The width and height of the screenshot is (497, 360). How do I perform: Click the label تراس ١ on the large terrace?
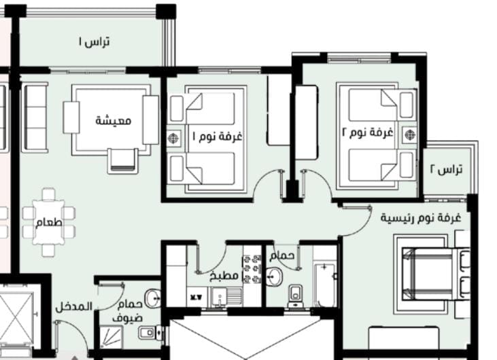tap(94, 41)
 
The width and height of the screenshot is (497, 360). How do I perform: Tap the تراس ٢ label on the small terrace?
tap(446, 169)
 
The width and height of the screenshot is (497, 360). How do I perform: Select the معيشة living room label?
tap(113, 121)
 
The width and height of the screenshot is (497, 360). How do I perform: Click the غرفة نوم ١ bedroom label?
tap(217, 136)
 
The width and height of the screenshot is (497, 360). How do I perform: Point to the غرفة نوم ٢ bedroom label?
tap(368, 132)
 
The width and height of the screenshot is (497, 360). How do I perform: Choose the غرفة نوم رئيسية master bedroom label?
tap(421, 218)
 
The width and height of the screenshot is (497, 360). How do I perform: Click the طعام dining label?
tap(49, 223)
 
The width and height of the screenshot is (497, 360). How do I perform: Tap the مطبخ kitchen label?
tap(224, 276)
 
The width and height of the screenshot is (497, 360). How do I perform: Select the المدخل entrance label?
tap(74, 306)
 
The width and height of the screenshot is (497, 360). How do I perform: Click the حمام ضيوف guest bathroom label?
tap(128, 311)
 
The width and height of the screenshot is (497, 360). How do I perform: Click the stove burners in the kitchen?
tap(252, 268)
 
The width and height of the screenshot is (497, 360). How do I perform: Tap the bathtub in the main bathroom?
tap(324, 285)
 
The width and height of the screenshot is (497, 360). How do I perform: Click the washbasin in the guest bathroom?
tap(152, 298)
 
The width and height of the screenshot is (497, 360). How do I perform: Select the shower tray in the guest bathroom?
tap(111, 337)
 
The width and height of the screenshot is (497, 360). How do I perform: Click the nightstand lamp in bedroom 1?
tap(173, 138)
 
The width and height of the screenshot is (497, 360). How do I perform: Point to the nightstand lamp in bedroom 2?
tap(409, 134)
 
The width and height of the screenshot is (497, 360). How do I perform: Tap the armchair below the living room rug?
tap(122, 161)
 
